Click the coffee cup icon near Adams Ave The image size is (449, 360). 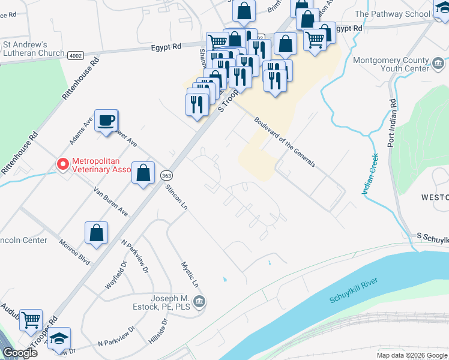(106, 121)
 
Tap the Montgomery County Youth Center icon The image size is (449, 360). (438, 62)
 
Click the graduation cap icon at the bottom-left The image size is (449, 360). (59, 338)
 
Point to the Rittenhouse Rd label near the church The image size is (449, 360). (79, 78)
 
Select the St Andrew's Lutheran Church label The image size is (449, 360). (34, 49)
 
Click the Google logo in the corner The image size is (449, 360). (19, 352)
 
